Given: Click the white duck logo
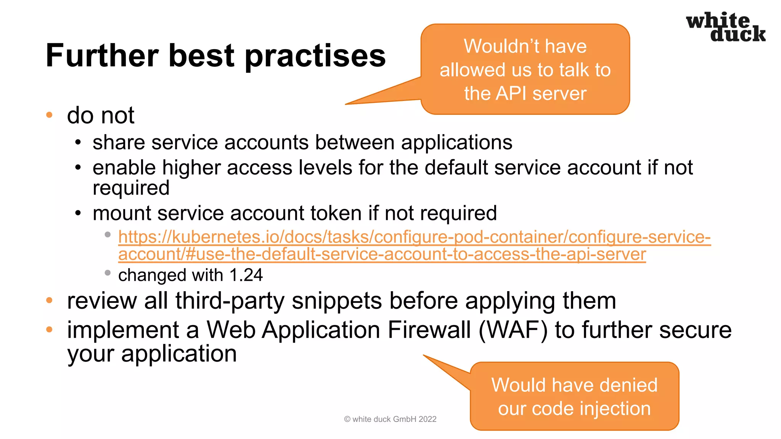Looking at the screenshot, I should tap(725, 27).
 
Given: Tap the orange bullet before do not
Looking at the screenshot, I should tap(49, 115).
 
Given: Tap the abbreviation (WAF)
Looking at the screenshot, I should tap(513, 330).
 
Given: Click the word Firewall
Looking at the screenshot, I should tap(429, 330).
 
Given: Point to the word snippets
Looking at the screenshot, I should tap(336, 301).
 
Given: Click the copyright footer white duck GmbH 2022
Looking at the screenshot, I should tap(390, 419).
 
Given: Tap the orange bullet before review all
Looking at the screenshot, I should tap(49, 300).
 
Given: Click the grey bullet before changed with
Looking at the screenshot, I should tap(108, 273).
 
